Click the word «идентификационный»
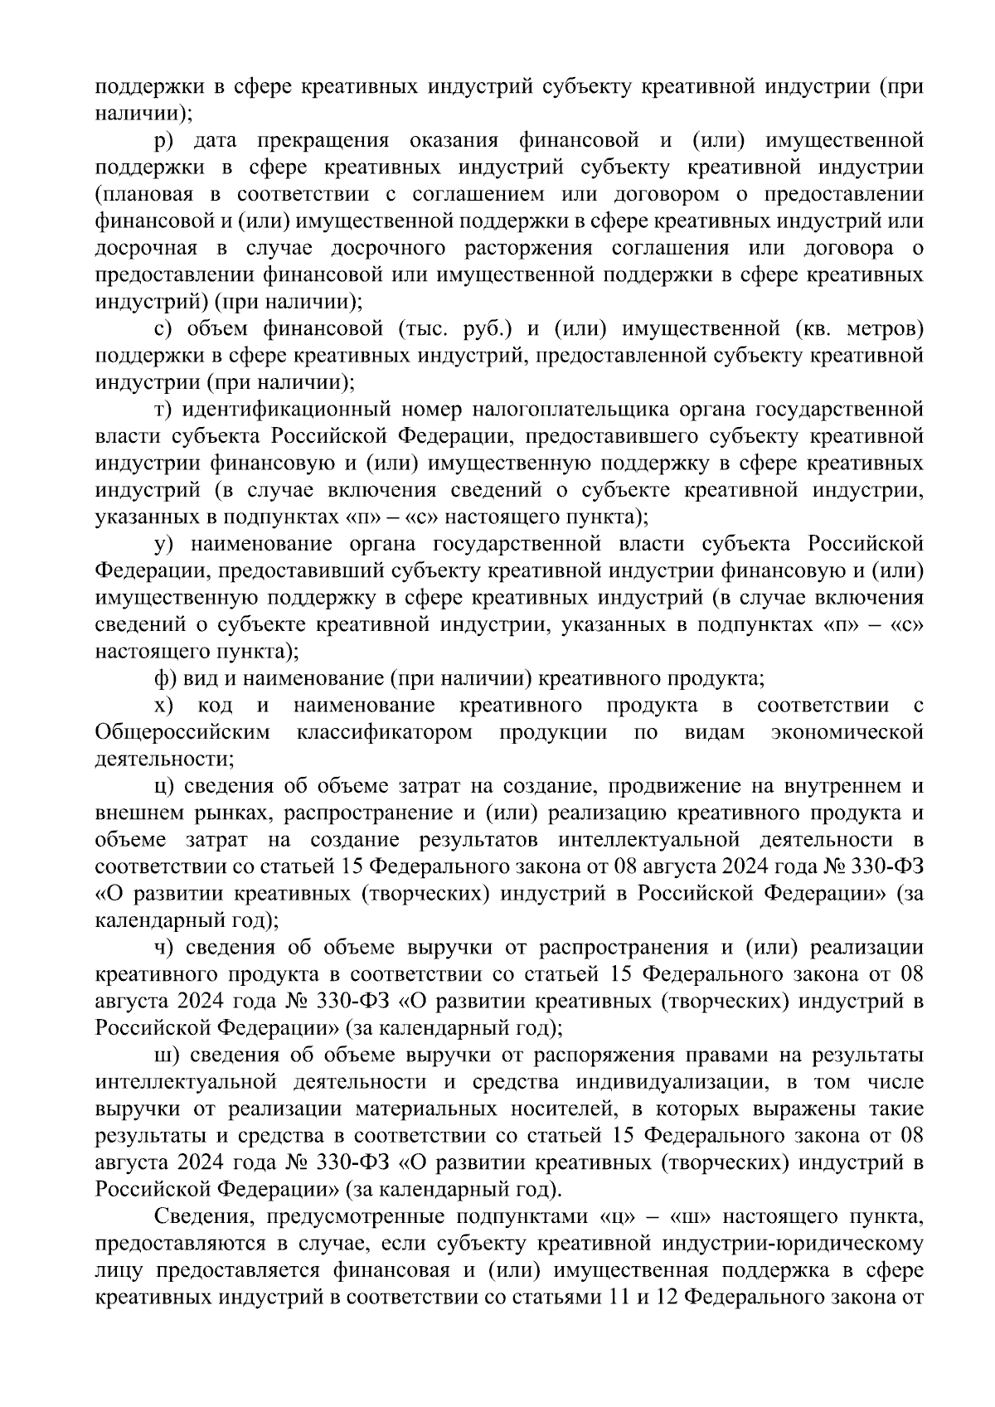[286, 410]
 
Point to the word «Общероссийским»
[182, 733]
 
